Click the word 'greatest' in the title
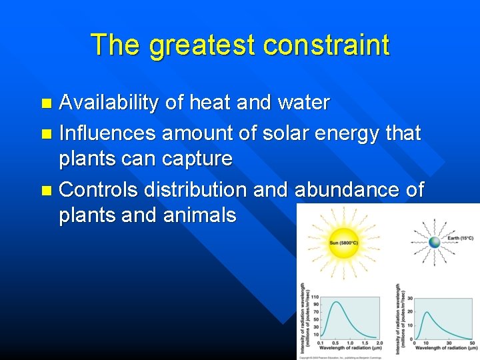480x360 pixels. (202, 45)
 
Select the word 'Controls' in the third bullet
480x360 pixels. (101, 189)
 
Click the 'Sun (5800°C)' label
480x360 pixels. (343, 243)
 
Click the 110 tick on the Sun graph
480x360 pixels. (315, 297)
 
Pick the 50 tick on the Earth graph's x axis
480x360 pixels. (472, 342)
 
